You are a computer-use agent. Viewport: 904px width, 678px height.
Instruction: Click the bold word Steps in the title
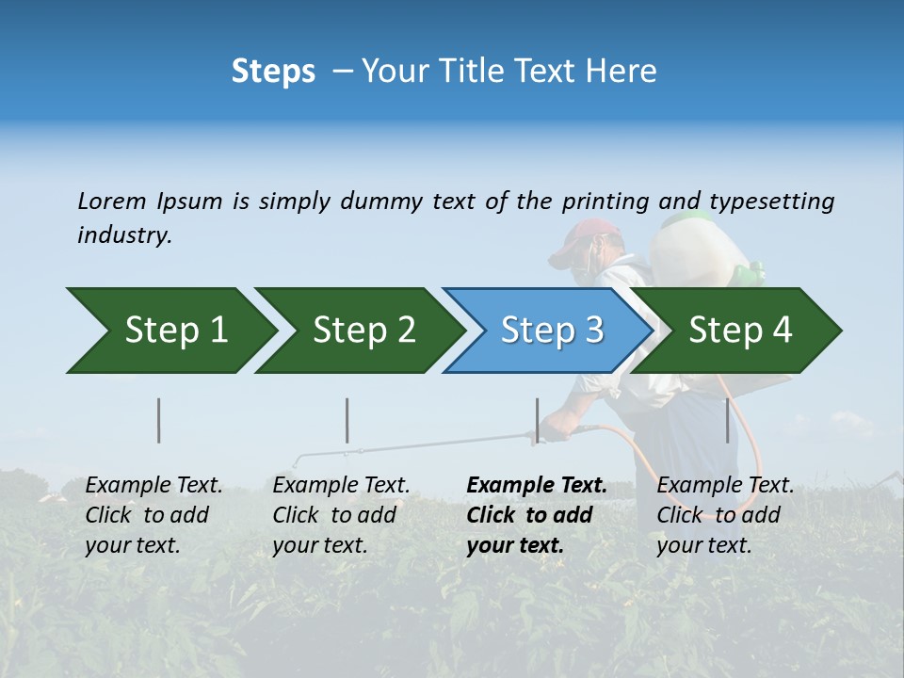273,72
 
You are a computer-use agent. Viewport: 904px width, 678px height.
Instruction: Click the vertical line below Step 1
159,420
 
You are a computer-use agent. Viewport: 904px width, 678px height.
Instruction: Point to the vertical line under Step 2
347,420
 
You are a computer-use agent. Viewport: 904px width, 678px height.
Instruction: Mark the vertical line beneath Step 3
537,420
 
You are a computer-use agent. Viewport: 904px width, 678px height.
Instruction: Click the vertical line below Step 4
727,420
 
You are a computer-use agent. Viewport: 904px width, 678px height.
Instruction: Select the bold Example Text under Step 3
537,486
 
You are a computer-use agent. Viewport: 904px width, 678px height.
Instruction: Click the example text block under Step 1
153,515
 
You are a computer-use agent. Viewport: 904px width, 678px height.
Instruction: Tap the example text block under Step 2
341,515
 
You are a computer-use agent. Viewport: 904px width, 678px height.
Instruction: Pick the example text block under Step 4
724,515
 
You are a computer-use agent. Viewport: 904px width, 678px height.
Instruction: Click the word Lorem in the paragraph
111,202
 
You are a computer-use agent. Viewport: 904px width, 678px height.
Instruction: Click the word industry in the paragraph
122,235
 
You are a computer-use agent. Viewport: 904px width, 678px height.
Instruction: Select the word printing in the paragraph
605,202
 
